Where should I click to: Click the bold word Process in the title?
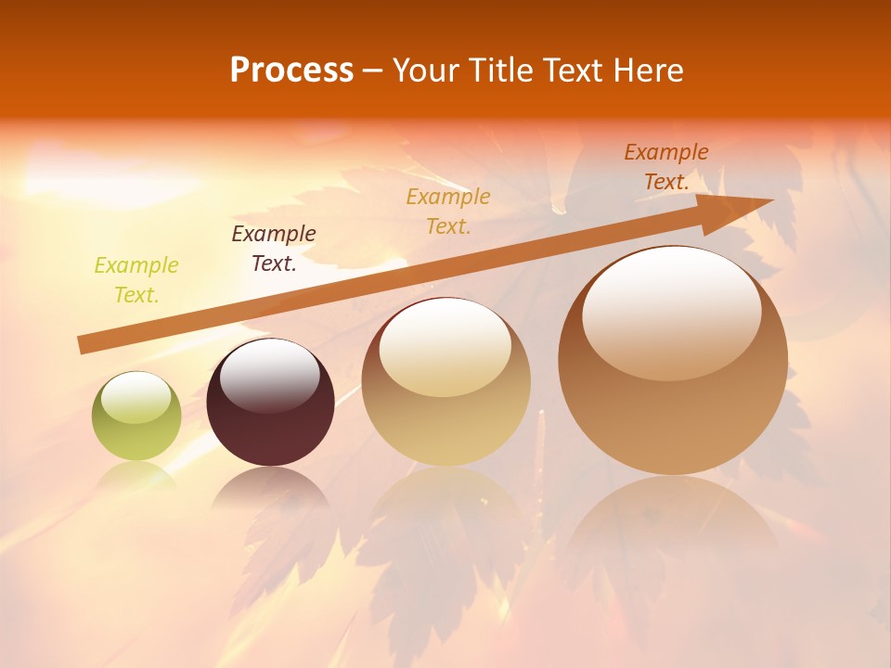pyautogui.click(x=291, y=71)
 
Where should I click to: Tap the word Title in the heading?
pyautogui.click(x=499, y=71)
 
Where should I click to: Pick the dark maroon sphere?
pyautogui.click(x=270, y=413)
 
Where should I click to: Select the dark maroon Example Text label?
pyautogui.click(x=273, y=249)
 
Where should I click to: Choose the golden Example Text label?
pyautogui.click(x=448, y=212)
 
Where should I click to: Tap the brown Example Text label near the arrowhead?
pyautogui.click(x=666, y=167)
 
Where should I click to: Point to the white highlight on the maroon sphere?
pyautogui.click(x=269, y=375)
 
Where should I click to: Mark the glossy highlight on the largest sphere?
pyautogui.click(x=671, y=311)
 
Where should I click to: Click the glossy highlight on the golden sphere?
pyautogui.click(x=445, y=346)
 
